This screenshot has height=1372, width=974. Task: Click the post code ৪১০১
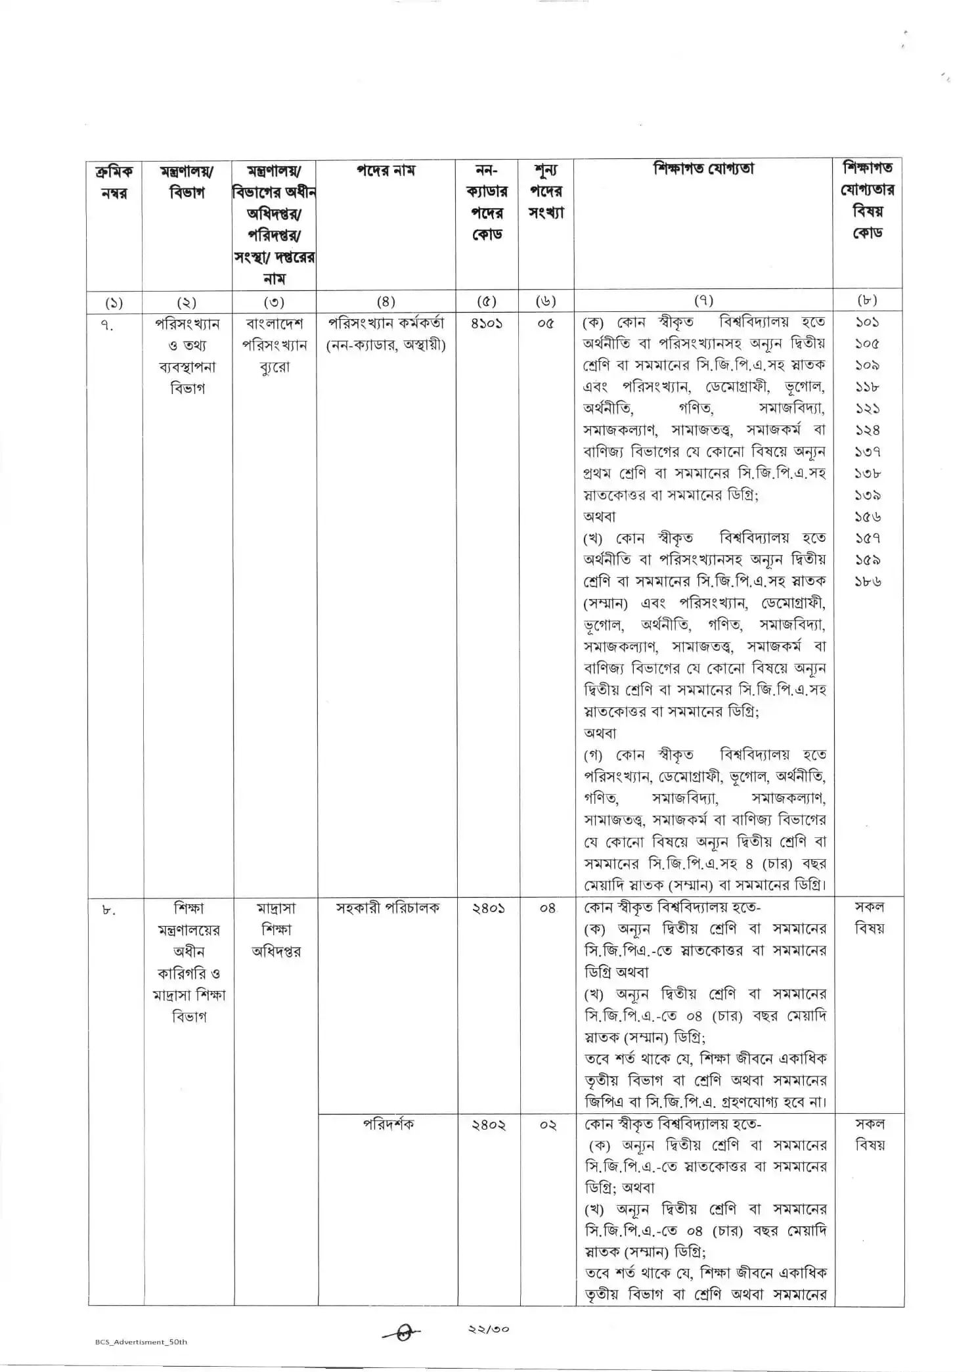[x=487, y=323]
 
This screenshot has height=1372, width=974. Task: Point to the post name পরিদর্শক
[x=387, y=1124]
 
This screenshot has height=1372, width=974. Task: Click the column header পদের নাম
[x=386, y=171]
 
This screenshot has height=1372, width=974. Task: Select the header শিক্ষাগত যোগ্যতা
[x=703, y=169]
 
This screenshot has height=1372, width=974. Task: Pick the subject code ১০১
[x=867, y=322]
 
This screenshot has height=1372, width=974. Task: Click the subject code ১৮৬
[x=868, y=582]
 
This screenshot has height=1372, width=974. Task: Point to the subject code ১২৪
[x=868, y=430]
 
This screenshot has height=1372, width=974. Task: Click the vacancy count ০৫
[x=545, y=323]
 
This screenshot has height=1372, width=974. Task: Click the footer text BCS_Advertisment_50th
[x=141, y=1342]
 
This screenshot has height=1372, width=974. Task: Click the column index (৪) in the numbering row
[x=386, y=301]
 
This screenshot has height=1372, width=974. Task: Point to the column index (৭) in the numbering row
[x=703, y=301]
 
